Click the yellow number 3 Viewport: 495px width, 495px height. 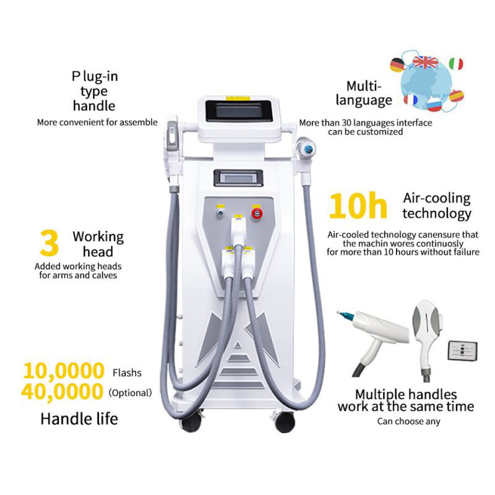tap(49, 244)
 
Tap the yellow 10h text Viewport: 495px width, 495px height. tap(357, 206)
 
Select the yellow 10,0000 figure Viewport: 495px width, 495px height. tap(64, 372)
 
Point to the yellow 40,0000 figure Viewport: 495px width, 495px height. tap(64, 392)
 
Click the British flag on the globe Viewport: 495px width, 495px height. tap(425, 62)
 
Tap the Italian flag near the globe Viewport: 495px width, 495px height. tap(456, 64)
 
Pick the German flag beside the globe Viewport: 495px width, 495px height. tap(397, 65)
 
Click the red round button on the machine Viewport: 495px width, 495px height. tap(255, 213)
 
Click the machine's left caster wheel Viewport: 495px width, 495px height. tap(191, 423)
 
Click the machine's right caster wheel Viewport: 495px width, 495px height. tap(285, 423)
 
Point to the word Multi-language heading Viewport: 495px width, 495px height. tap(369, 93)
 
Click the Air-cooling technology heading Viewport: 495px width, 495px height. tap(437, 206)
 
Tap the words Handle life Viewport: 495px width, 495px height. tap(79, 419)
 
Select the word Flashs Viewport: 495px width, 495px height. tap(127, 373)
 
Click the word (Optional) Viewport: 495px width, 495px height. tap(130, 393)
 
